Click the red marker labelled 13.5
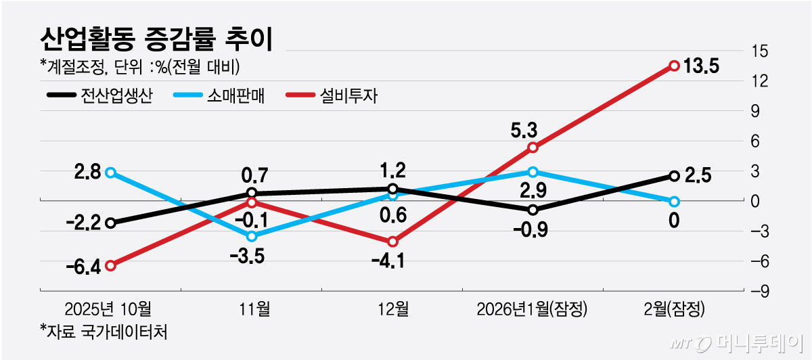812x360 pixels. (x=674, y=66)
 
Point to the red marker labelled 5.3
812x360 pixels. (x=533, y=148)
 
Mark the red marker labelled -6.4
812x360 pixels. (x=110, y=265)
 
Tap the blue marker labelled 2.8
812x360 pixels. (x=110, y=173)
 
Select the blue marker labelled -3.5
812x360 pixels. (x=252, y=236)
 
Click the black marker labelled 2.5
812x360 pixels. (x=674, y=176)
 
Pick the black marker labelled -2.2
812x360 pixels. (x=110, y=223)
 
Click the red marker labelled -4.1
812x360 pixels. (x=392, y=242)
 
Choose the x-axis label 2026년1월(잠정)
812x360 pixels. (x=532, y=310)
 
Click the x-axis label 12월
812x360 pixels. (x=392, y=310)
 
